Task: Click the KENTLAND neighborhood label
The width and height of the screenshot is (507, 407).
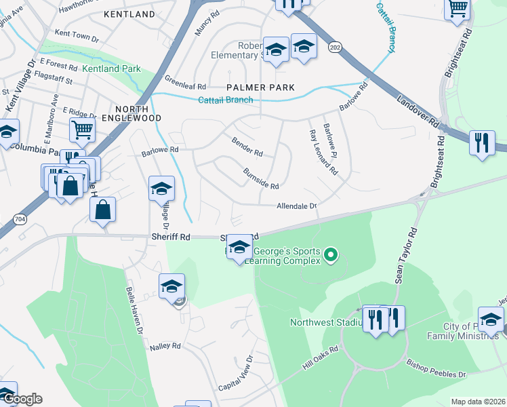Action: [129, 14]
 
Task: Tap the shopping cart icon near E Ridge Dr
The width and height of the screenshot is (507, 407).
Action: [82, 129]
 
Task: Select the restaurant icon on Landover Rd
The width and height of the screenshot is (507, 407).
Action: [482, 142]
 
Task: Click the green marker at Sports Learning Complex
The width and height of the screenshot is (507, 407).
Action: [331, 256]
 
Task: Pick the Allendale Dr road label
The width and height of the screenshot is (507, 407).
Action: [296, 206]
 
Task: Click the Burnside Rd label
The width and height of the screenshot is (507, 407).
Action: [261, 179]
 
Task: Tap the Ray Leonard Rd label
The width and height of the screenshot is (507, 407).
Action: [323, 153]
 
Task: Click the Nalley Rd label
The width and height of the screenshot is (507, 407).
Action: [167, 346]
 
